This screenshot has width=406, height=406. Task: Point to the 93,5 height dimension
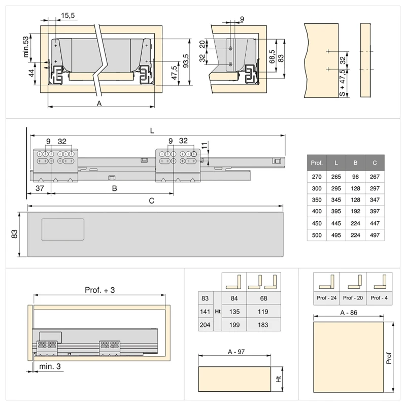tap(186, 63)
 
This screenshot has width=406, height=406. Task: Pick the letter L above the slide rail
tap(152, 130)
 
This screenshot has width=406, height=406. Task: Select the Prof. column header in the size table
tap(317, 163)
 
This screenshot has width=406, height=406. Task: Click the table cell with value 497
tap(375, 235)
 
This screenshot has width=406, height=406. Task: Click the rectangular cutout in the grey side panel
tap(63, 229)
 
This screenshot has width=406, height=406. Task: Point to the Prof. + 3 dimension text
tap(99, 290)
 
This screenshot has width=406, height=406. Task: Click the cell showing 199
tap(234, 325)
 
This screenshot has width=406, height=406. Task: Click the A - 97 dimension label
tap(234, 352)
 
